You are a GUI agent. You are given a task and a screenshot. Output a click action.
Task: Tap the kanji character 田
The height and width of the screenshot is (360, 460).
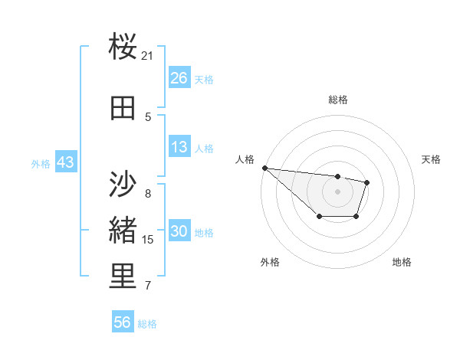point(123,108)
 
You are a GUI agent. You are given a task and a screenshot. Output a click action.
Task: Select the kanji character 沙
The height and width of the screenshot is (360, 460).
point(123,184)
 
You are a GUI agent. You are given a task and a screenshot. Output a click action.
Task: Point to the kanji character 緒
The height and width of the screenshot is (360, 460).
point(123,230)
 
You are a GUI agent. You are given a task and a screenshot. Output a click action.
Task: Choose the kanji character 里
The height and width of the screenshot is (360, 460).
point(123,277)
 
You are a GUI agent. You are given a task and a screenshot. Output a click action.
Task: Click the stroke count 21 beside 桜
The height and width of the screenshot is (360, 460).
point(148,56)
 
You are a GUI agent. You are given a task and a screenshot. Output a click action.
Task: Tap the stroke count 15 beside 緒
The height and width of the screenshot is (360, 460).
point(148,240)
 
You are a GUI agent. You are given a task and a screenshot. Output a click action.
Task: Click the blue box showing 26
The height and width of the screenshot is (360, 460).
point(179,78)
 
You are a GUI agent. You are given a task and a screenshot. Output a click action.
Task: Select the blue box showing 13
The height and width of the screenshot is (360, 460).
point(179,147)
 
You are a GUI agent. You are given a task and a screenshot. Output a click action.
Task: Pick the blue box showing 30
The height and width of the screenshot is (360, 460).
point(179,231)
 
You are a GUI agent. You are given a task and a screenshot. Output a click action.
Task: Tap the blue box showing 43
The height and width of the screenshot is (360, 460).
point(65,162)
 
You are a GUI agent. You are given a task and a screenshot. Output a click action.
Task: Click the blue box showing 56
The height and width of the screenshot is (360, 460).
point(123,322)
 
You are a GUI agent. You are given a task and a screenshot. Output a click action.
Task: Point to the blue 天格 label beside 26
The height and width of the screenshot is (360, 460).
point(204,79)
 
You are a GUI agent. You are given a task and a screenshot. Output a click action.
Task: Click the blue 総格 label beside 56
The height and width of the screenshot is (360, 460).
point(147,324)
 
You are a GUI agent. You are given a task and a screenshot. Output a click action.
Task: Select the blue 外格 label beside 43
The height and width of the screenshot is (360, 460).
point(41,163)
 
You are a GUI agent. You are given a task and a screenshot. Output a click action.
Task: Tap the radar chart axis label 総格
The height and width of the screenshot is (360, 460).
point(337,100)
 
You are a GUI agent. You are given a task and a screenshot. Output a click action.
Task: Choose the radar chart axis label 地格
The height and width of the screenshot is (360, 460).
point(402,262)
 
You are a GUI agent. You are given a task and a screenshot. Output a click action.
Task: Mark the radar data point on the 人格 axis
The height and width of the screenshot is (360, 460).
point(264,168)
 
